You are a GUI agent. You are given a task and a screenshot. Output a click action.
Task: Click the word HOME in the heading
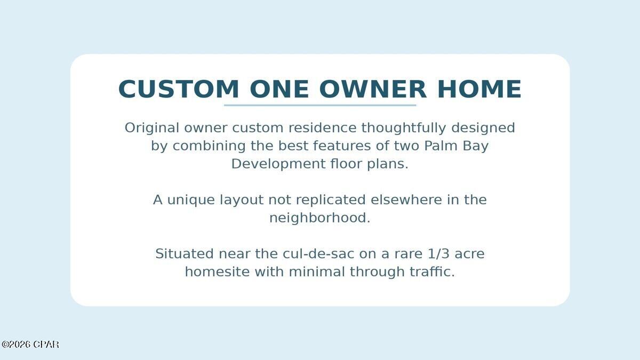(479, 89)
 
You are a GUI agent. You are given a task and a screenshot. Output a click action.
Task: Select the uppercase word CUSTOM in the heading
(179, 89)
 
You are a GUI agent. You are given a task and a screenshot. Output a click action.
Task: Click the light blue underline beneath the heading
(320, 105)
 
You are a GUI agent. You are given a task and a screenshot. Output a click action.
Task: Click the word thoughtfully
(404, 128)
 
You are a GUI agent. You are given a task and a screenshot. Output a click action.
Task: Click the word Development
(277, 164)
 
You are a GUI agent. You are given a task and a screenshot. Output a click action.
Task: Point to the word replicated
(331, 200)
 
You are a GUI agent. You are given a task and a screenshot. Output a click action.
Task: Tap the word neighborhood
(319, 218)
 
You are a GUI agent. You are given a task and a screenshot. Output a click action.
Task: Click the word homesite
(217, 272)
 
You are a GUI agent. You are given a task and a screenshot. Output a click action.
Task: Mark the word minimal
(317, 272)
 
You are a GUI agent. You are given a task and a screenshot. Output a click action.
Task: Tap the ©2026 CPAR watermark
(30, 345)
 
